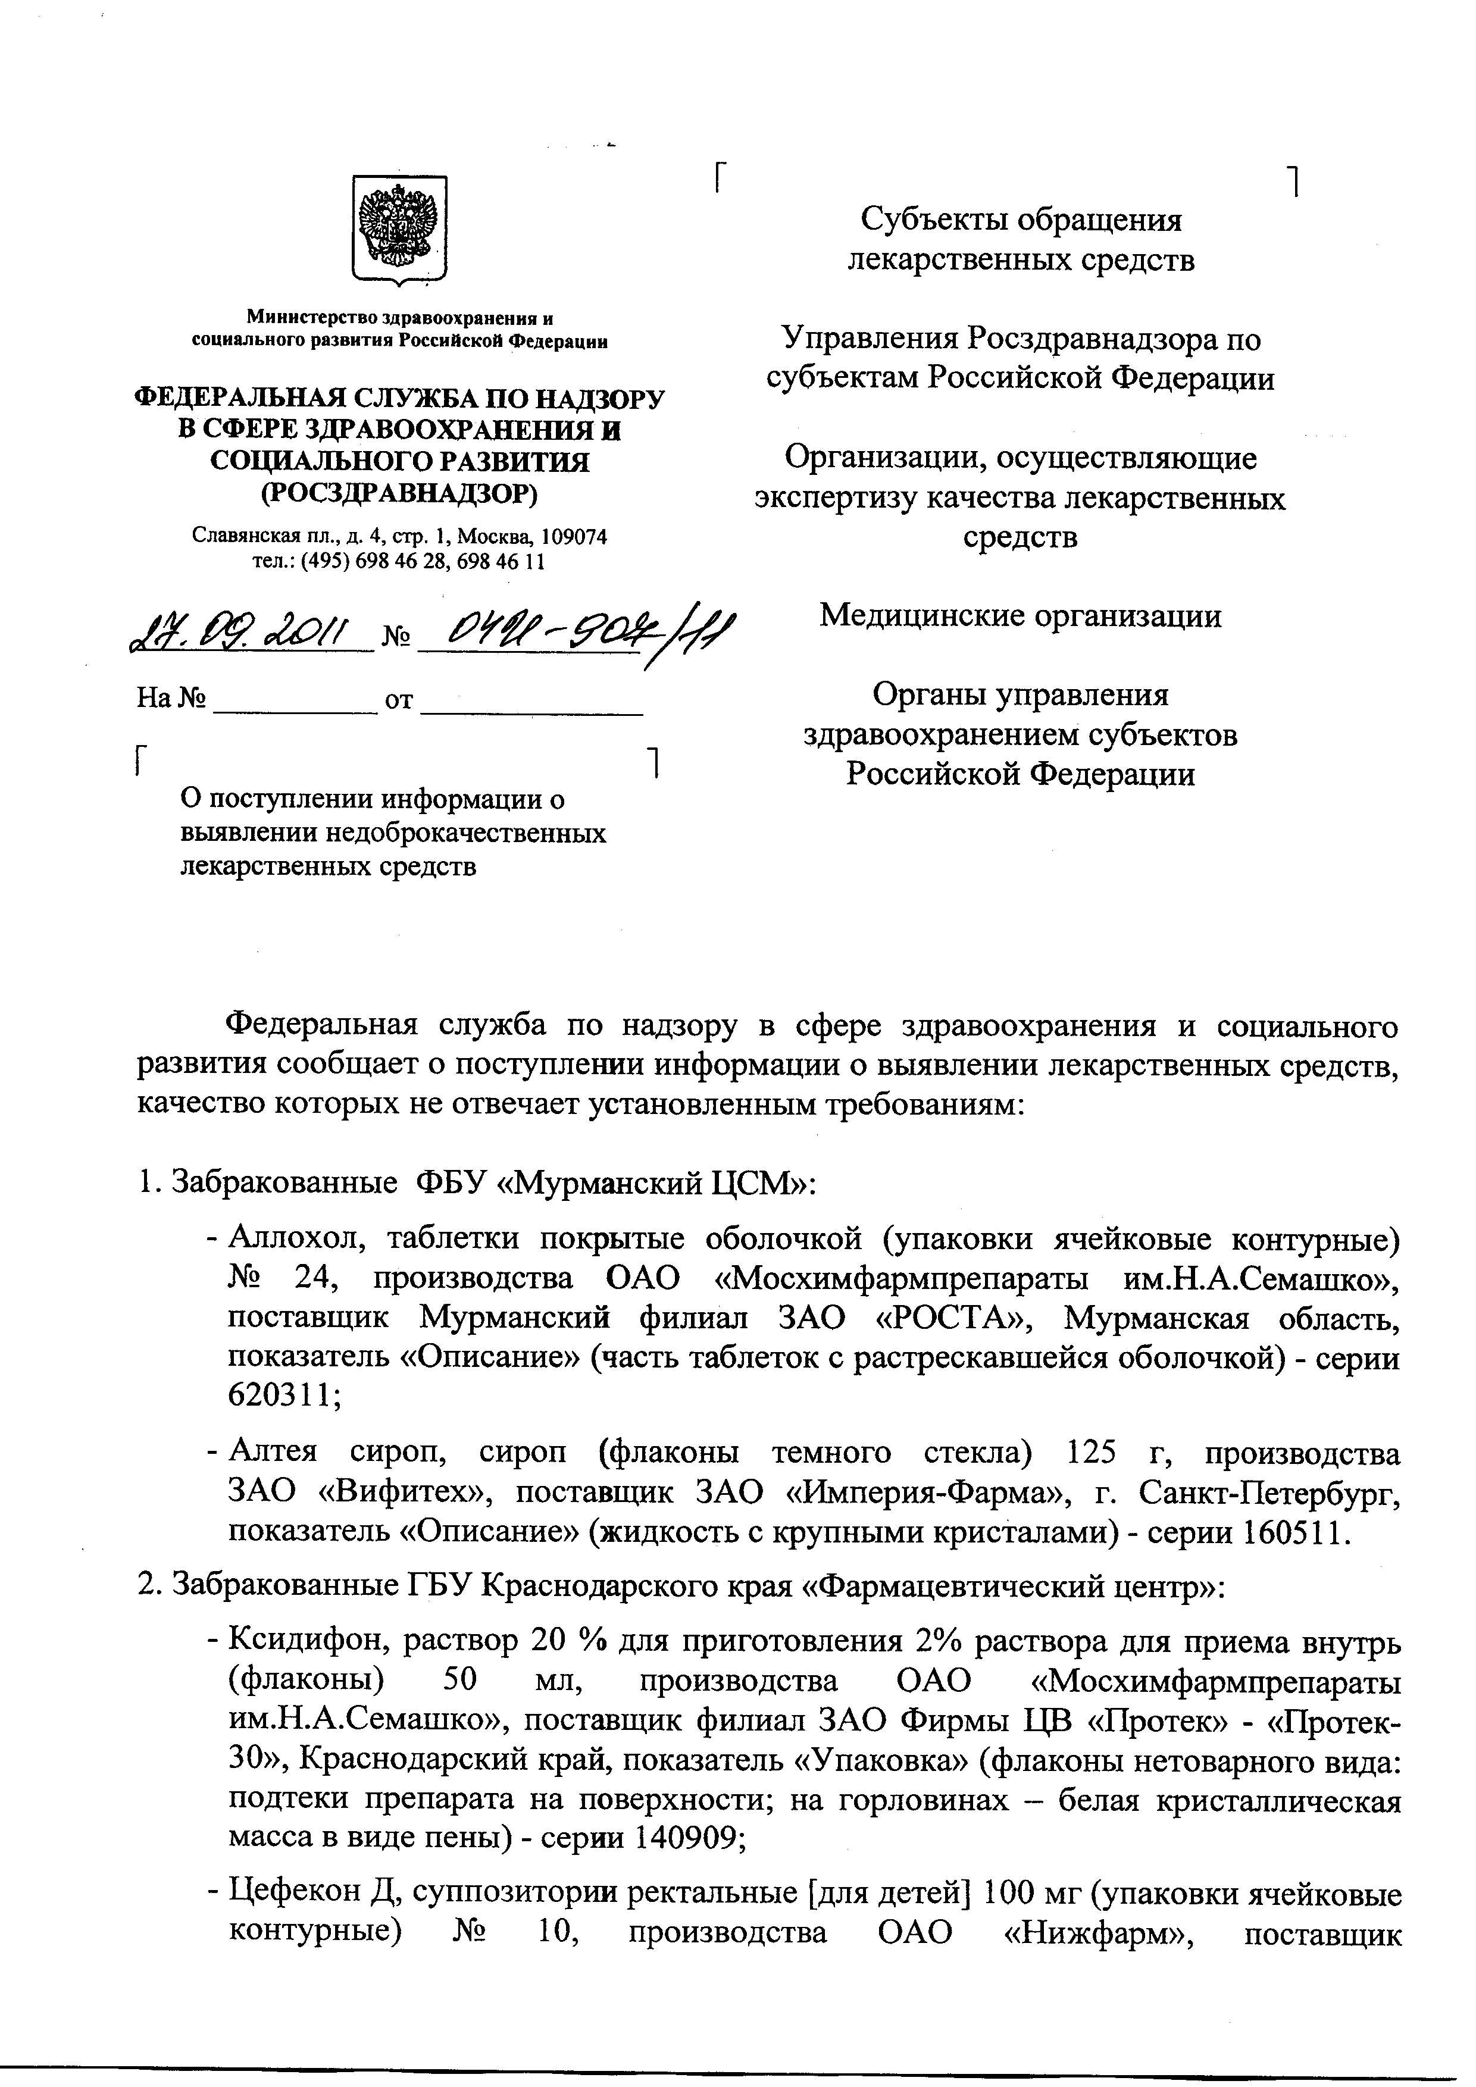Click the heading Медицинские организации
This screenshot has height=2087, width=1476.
coord(1020,617)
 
